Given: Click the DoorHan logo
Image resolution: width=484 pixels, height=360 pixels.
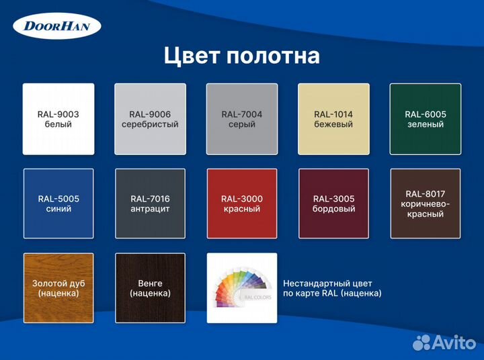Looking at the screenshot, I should [x=57, y=28].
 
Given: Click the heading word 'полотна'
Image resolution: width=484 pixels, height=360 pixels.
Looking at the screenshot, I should [x=278, y=56].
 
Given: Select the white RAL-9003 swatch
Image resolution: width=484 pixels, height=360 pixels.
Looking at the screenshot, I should [x=58, y=119].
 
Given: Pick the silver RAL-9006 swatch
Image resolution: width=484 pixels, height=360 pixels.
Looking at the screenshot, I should [x=150, y=119].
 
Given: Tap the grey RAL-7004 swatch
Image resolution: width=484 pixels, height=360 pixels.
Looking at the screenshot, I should [x=242, y=119].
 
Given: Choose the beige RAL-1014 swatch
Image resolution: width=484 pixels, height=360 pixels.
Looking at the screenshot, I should [x=333, y=119].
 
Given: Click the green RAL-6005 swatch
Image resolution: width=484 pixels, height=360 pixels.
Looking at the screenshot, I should [x=426, y=119].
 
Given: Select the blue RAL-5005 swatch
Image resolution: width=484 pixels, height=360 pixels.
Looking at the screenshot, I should [x=58, y=204].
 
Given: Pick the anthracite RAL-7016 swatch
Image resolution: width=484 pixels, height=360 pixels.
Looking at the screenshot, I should [x=150, y=204].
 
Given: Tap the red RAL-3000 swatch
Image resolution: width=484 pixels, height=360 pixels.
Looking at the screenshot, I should [x=242, y=204].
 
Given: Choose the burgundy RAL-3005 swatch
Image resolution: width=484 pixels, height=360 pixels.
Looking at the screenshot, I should [x=333, y=204].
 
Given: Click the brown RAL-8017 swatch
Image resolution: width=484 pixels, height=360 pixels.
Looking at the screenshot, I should [x=426, y=204].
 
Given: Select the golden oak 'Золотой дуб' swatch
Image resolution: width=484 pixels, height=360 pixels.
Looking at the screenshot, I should [x=58, y=288].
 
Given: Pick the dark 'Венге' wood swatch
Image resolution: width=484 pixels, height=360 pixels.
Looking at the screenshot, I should [x=150, y=288].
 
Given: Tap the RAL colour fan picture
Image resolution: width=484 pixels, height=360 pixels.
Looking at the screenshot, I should [x=242, y=288].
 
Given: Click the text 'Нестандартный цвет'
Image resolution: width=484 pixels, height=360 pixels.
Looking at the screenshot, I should [x=327, y=283].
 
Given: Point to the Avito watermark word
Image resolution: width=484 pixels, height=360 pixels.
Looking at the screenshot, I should [x=454, y=343].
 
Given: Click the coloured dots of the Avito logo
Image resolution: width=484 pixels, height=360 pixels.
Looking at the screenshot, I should [x=421, y=342].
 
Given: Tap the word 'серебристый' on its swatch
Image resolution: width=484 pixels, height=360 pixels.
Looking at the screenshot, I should [x=150, y=124].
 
